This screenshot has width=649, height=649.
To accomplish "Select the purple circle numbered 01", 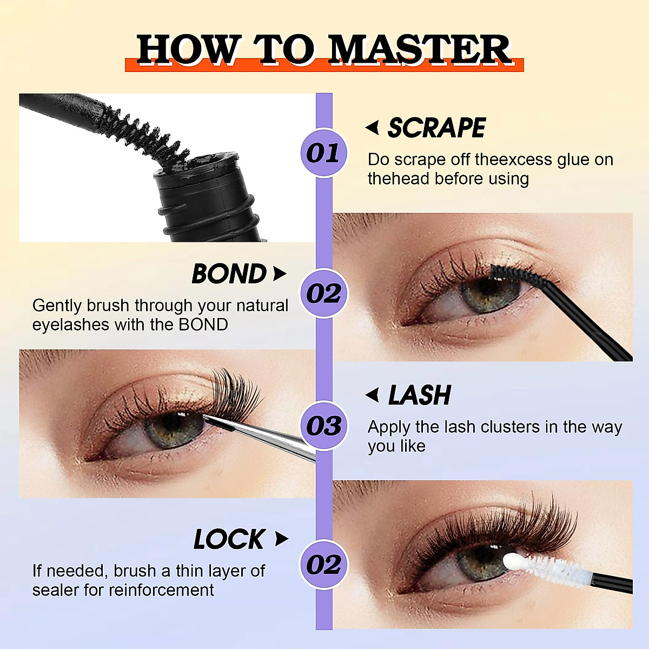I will tap(323, 153).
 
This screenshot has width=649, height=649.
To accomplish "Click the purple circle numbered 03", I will tap(323, 426).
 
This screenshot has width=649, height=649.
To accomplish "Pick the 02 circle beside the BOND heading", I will tap(323, 294).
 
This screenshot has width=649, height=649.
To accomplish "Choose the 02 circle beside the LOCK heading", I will tap(323, 565).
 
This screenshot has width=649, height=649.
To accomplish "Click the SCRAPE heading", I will tap(436, 128).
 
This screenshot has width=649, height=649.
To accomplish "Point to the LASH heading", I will tap(419, 395).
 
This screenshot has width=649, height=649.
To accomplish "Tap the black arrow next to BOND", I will tap(279, 274).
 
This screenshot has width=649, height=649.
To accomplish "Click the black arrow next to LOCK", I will tap(281, 539).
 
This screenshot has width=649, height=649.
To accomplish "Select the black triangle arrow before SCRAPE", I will tap(372, 128).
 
